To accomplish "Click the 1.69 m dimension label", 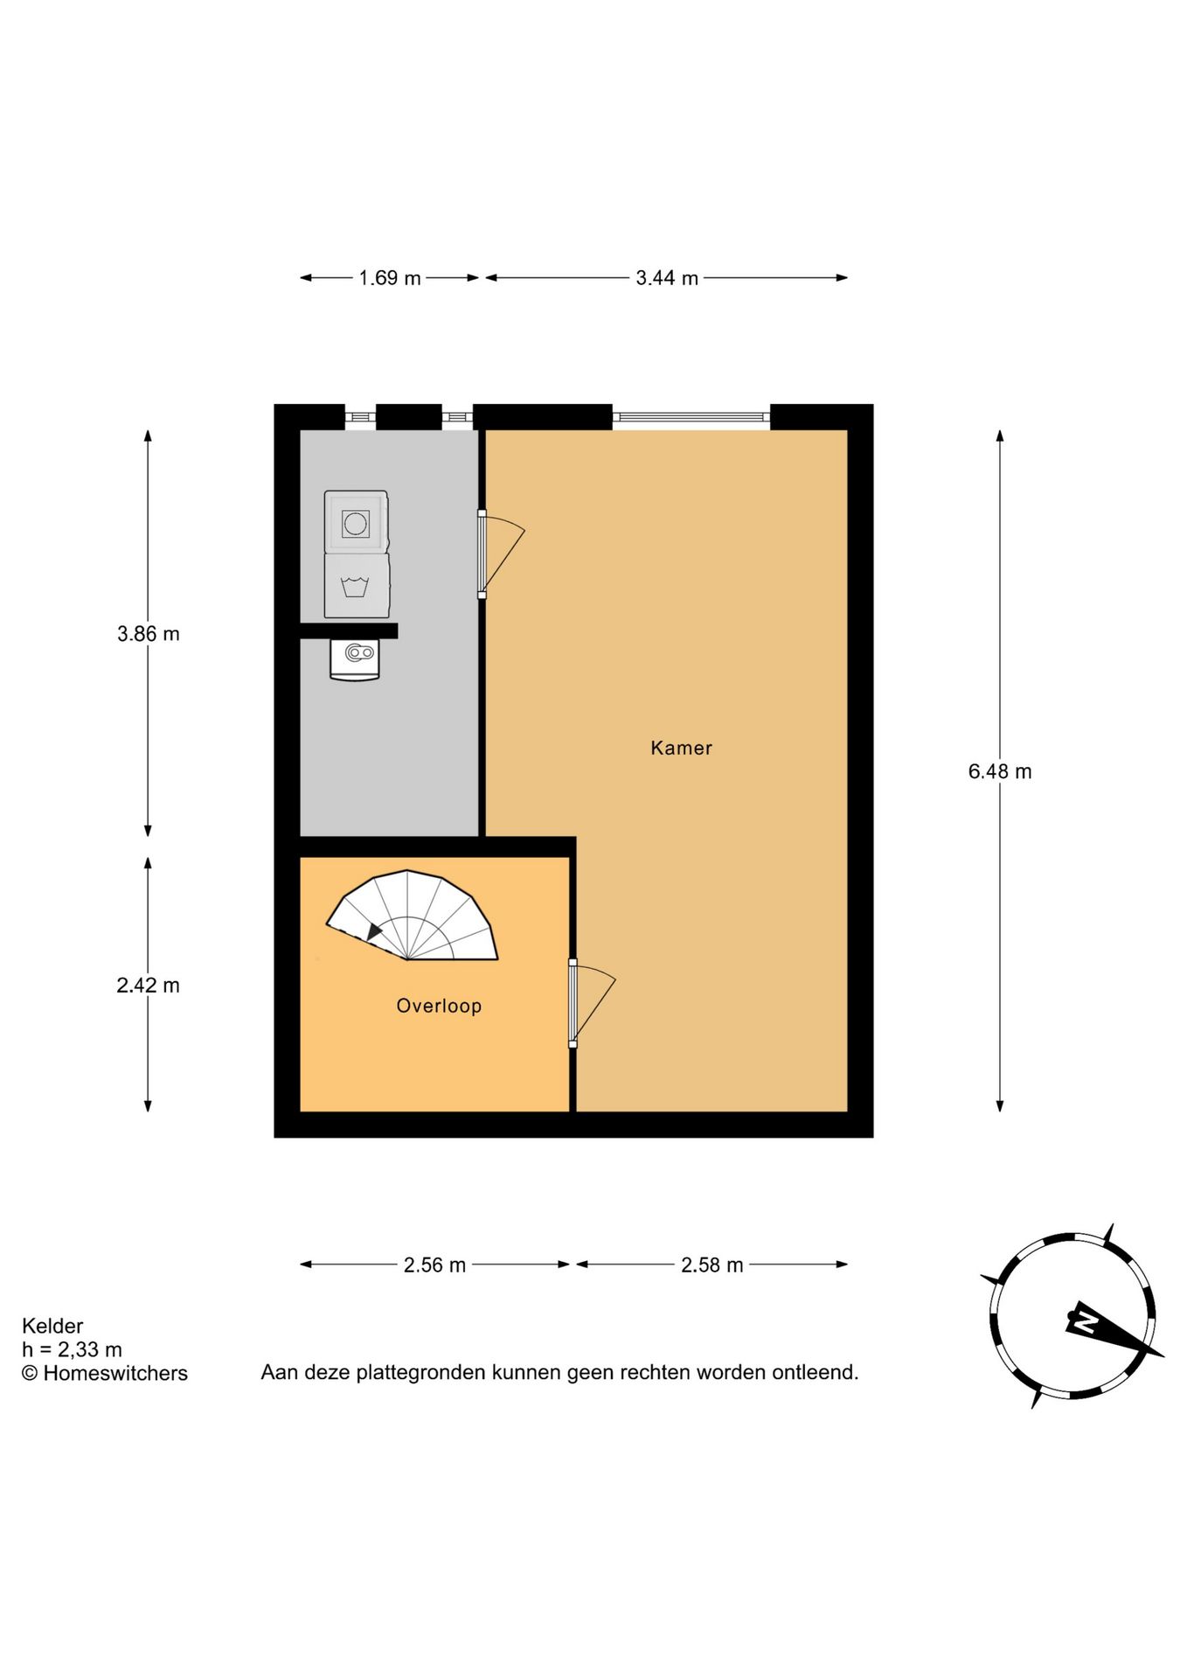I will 390,278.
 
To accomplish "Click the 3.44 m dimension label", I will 667,278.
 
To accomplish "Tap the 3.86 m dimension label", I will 149,634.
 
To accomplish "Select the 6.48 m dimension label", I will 999,771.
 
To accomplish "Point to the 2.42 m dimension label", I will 149,986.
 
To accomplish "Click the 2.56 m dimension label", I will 434,1265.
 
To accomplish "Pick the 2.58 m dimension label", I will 712,1265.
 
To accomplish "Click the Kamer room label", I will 681,748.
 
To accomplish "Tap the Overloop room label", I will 439,1006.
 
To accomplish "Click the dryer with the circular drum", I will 356,523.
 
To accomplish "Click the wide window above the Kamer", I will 691,417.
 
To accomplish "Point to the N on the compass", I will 1085,1320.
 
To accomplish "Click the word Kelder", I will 52,1326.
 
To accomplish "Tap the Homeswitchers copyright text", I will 105,1373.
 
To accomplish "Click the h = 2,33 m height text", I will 72,1349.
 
